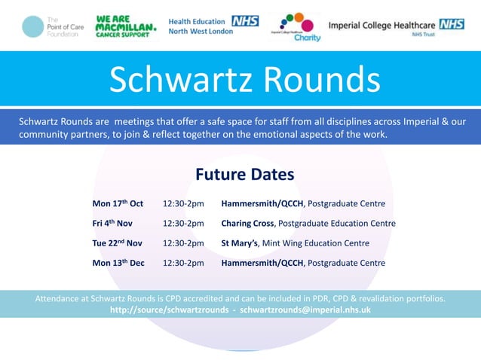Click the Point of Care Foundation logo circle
tap(32, 27)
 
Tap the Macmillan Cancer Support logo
tap(126, 27)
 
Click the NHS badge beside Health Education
tap(245, 21)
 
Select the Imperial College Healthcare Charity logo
tap(296, 27)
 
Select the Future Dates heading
tap(244, 175)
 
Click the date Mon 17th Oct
tap(117, 203)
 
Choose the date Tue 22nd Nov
tap(117, 243)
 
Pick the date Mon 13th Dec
tap(118, 263)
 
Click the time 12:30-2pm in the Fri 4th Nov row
tap(183, 223)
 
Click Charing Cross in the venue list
tap(248, 223)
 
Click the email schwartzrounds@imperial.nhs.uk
tap(305, 310)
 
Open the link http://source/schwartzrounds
tap(169, 310)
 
